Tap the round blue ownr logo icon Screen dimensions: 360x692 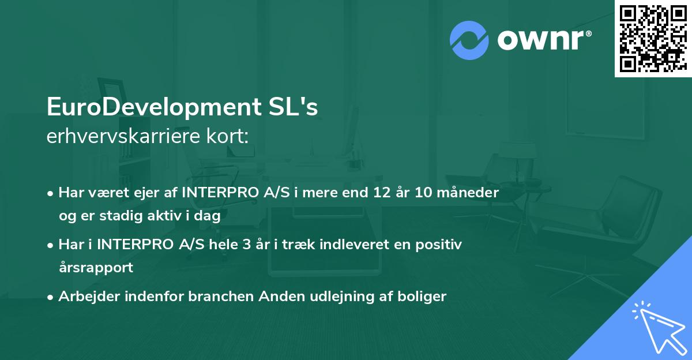click(470, 40)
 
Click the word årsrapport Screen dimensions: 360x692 click(96, 268)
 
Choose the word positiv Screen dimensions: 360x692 click(438, 245)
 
